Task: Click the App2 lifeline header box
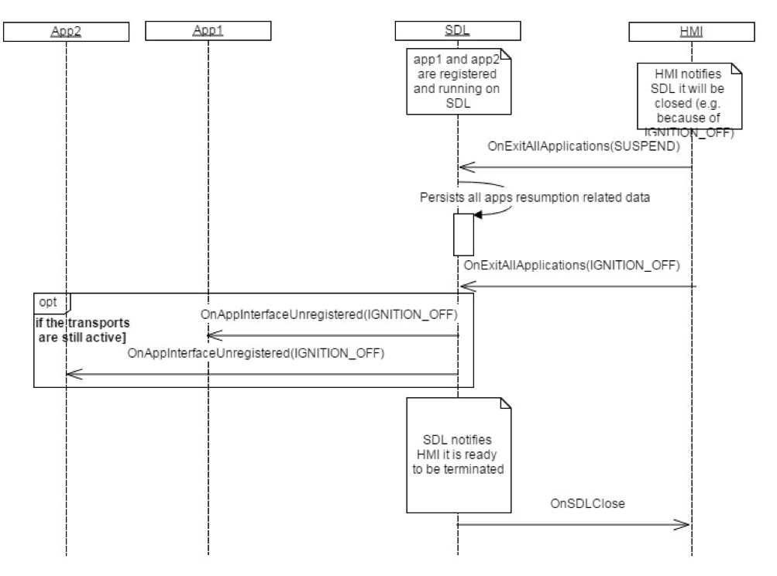(66, 30)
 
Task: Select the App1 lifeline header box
(208, 30)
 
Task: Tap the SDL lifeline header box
(457, 30)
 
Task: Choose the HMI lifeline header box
(690, 30)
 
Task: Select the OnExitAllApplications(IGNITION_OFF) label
(571, 265)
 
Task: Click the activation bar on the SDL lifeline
(462, 234)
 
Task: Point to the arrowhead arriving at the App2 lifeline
(71, 374)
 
